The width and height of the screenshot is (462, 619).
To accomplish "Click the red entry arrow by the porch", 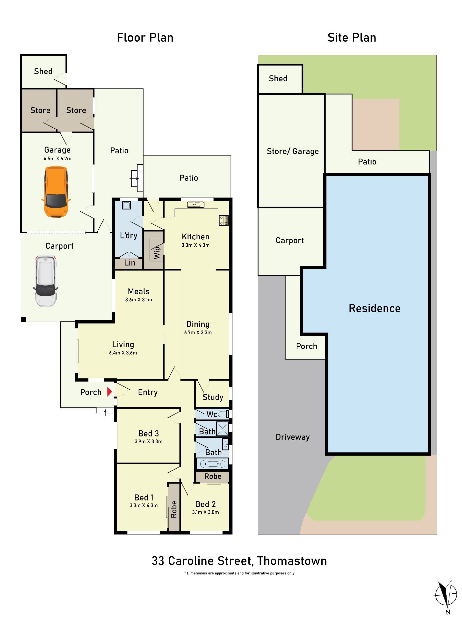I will click(x=110, y=392).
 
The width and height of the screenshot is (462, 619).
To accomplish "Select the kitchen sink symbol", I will click(x=195, y=205).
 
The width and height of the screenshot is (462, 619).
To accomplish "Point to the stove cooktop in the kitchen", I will click(x=224, y=220).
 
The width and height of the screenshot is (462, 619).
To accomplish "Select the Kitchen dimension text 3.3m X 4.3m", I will click(x=195, y=245).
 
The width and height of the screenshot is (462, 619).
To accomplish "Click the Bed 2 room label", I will click(x=205, y=504).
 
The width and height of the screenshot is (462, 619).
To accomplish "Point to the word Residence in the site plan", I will click(x=375, y=308).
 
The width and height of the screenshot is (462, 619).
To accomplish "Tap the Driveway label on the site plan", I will click(x=293, y=437).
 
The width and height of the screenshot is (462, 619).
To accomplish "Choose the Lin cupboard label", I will click(x=130, y=263).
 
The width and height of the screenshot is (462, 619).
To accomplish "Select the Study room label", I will click(x=213, y=397).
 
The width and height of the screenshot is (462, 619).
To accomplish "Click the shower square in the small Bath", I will click(x=223, y=428).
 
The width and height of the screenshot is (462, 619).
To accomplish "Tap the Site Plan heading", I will click(x=352, y=37).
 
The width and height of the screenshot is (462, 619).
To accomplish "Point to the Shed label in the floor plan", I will click(x=43, y=71).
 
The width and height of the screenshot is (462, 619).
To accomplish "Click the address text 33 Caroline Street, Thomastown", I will click(x=239, y=561).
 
